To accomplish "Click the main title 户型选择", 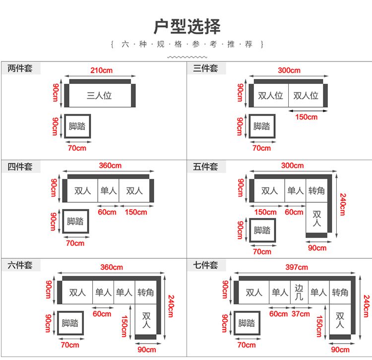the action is [187, 26].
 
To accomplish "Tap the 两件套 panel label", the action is [20, 68].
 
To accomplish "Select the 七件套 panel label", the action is [205, 265].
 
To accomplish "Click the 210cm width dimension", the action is [101, 70].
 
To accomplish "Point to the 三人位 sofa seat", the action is [100, 95].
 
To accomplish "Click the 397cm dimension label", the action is [297, 267].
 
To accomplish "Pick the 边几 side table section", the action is [299, 292].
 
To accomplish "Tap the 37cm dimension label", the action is [301, 314].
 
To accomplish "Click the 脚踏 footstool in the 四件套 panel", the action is [75, 221].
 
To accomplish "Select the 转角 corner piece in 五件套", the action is [316, 191].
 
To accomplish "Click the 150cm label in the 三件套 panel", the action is [307, 117].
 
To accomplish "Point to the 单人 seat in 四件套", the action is [108, 191].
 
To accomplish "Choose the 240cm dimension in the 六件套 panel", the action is [171, 306].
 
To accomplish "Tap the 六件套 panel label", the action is [20, 265].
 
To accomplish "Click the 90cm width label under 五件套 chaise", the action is [317, 248].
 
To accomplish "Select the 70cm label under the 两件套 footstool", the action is [77, 148].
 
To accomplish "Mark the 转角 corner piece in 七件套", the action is [340, 292].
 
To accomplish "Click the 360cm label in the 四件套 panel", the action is [110, 166].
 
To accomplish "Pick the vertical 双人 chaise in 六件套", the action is [146, 319].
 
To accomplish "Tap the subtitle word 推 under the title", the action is [231, 44].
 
